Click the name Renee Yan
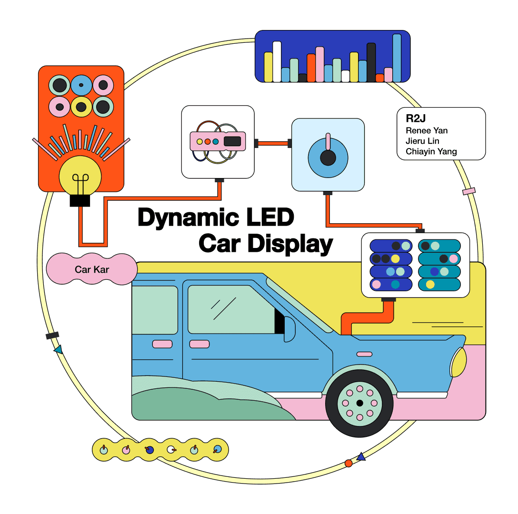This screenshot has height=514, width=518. point(427,130)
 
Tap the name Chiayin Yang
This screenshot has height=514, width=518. point(431,152)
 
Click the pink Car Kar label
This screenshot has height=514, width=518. point(92,269)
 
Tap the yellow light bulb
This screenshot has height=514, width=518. point(80,176)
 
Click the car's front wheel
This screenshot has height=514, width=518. point(359,403)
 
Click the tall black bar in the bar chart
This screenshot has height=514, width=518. point(371,62)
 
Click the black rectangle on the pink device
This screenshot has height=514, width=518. point(232,141)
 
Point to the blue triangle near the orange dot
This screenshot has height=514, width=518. point(361,456)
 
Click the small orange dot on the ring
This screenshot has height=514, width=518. point(349,463)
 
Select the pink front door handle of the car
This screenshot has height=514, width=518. point(199,344)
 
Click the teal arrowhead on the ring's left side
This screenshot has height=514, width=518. point(58,350)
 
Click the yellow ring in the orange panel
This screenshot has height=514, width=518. point(81,107)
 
